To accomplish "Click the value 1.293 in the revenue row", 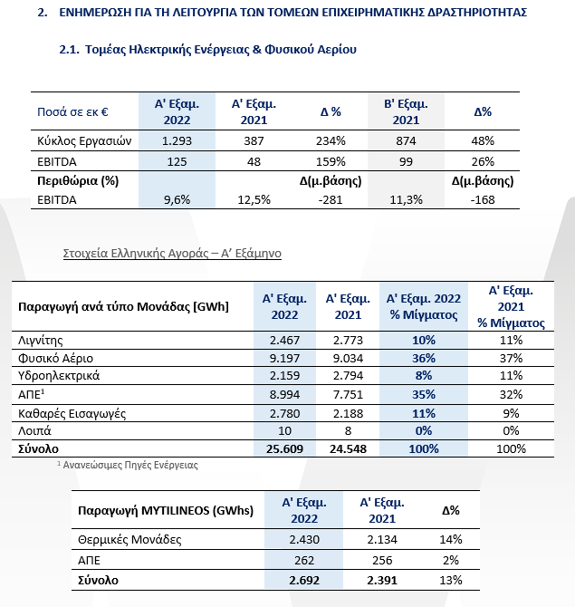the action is coord(177,140).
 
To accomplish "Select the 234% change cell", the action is coord(331,140).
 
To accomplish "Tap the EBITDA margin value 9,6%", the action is coord(177,199).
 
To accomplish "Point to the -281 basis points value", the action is coord(331,199).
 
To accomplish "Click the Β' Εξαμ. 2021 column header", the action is coord(406,111).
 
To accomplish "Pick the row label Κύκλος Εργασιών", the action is coord(84,141).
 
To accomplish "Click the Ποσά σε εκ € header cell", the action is coord(72,111).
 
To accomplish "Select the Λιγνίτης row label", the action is coord(41,341).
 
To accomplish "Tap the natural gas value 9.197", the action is coord(284,358).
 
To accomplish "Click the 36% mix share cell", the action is coord(424,358).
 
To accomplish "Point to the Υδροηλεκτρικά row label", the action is coord(59,375).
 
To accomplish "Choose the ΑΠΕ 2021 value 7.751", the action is coord(348,394).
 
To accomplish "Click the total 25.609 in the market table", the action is coord(284,448).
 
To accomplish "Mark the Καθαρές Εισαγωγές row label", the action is coord(72,413).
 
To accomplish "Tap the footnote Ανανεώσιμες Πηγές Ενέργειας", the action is coord(130,465).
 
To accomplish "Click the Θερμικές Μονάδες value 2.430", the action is coord(304,539).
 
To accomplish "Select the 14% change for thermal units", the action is coord(451,539).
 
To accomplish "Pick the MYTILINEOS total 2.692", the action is coord(304,581).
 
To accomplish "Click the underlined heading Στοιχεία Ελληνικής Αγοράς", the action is coord(136,253).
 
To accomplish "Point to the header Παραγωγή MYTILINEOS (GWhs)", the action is coord(166,511).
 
